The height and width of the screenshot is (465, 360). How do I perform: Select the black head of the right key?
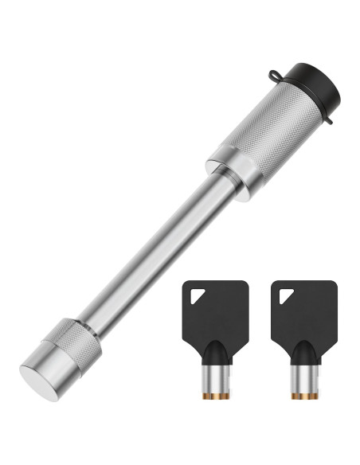pos(299,306)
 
